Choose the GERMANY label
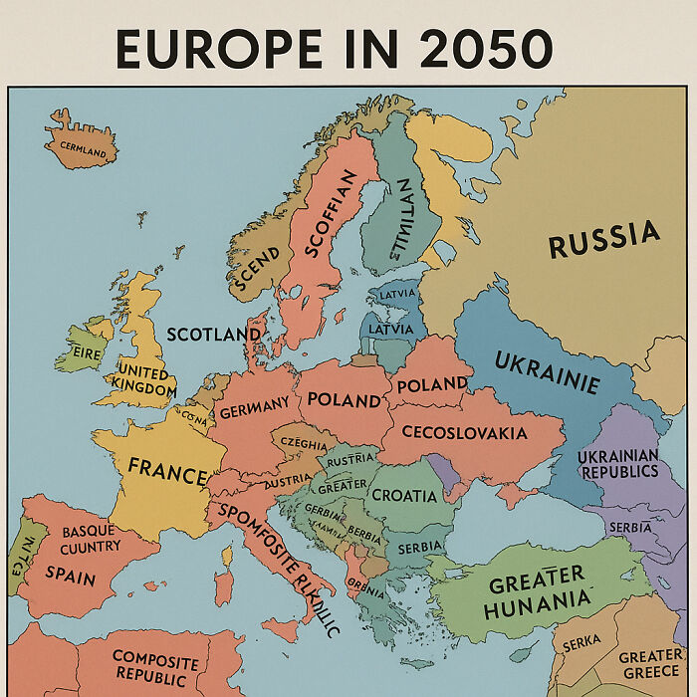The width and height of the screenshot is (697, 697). [254, 408]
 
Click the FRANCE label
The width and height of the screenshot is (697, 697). [166, 469]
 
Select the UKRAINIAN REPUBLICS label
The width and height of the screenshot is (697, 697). [617, 463]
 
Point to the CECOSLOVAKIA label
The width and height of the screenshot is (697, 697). [464, 433]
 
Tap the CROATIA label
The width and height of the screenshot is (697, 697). [403, 495]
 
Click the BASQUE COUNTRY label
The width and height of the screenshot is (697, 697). [90, 539]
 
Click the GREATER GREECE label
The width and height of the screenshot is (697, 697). [650, 664]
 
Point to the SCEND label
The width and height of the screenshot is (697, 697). [256, 266]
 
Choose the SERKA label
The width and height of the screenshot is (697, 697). [581, 645]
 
